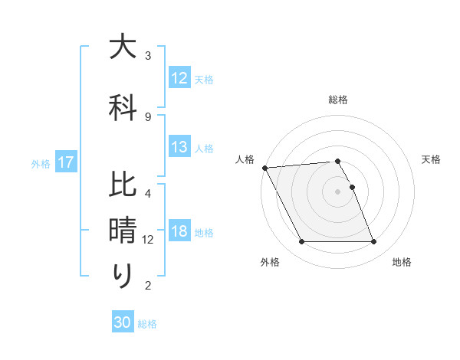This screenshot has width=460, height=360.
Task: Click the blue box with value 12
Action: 179,78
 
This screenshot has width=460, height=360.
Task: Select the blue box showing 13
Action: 179,148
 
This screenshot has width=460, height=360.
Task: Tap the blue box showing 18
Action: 179,232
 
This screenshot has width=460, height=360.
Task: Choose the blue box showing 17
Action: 66,162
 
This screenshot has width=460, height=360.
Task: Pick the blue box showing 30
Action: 123,322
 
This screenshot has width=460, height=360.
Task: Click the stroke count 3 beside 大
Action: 148,56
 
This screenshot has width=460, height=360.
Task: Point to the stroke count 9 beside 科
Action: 148,116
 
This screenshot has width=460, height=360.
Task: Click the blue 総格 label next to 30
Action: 147,324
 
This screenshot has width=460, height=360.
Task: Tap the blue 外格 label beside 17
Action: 41,163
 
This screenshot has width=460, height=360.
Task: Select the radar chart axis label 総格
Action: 338,100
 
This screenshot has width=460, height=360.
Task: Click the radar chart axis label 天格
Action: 432,159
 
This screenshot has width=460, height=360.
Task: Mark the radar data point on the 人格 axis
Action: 264,167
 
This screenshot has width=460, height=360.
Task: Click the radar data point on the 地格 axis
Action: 373,242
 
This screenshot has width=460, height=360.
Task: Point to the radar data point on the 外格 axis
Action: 301,242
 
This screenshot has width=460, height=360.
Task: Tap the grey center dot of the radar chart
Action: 337,191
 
